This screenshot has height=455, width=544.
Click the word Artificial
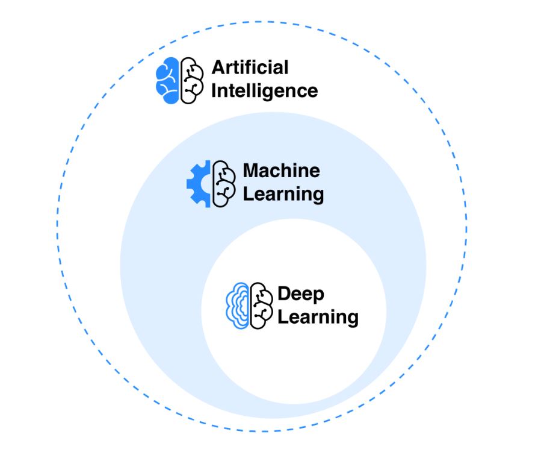point(250,67)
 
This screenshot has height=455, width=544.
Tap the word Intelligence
point(264,91)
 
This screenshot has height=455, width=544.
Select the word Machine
point(281,171)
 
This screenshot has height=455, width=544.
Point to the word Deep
point(300,294)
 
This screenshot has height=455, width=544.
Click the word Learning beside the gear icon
point(283,195)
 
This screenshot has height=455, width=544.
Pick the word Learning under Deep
point(318,317)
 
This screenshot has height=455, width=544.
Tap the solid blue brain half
point(168,80)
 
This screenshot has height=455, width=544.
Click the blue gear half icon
point(199,184)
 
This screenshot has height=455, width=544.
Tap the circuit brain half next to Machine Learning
point(224,184)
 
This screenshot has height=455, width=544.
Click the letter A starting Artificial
point(217,67)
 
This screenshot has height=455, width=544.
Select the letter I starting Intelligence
point(214,91)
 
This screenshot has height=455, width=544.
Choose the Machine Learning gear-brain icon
point(211,184)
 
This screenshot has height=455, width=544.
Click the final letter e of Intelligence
point(312,92)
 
